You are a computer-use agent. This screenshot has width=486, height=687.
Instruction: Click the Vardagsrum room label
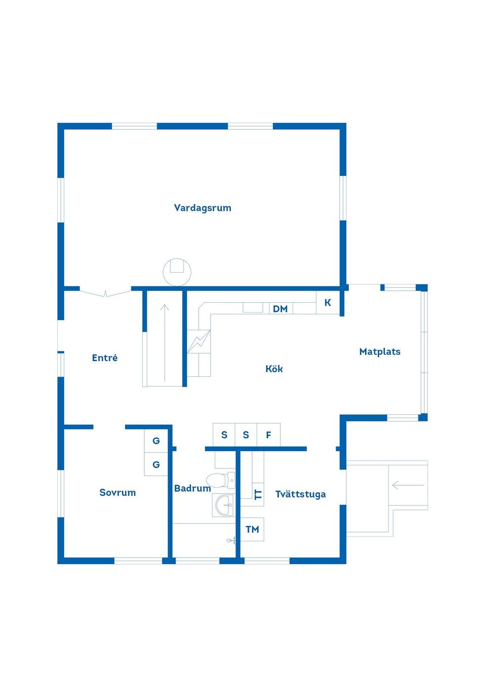click(x=202, y=208)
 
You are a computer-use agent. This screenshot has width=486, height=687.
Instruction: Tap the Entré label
click(x=105, y=358)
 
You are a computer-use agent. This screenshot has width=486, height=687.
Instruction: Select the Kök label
click(x=274, y=369)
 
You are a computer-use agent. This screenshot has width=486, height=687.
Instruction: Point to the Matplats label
click(x=380, y=352)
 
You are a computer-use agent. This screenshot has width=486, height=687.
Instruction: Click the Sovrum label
click(x=117, y=493)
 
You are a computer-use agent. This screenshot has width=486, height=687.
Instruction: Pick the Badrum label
click(x=192, y=488)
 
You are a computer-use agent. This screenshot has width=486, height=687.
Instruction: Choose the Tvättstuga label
click(x=301, y=494)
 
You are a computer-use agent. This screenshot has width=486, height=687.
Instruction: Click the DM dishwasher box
click(x=280, y=309)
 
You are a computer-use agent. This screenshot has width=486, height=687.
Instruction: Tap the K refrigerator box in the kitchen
click(x=328, y=303)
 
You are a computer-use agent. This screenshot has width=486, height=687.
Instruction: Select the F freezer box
click(x=268, y=435)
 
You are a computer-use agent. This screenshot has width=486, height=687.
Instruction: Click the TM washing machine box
click(x=252, y=530)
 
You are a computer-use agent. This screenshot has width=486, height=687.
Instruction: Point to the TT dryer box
click(x=258, y=494)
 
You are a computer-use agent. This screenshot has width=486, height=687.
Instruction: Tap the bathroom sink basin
click(x=223, y=505)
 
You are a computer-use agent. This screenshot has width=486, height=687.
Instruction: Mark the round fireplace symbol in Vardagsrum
click(x=177, y=272)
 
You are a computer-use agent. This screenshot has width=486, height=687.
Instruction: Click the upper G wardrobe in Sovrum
click(x=156, y=441)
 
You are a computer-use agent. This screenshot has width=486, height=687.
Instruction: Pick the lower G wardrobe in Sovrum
click(x=156, y=464)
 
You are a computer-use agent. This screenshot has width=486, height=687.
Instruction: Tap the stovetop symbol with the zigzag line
click(x=199, y=341)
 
